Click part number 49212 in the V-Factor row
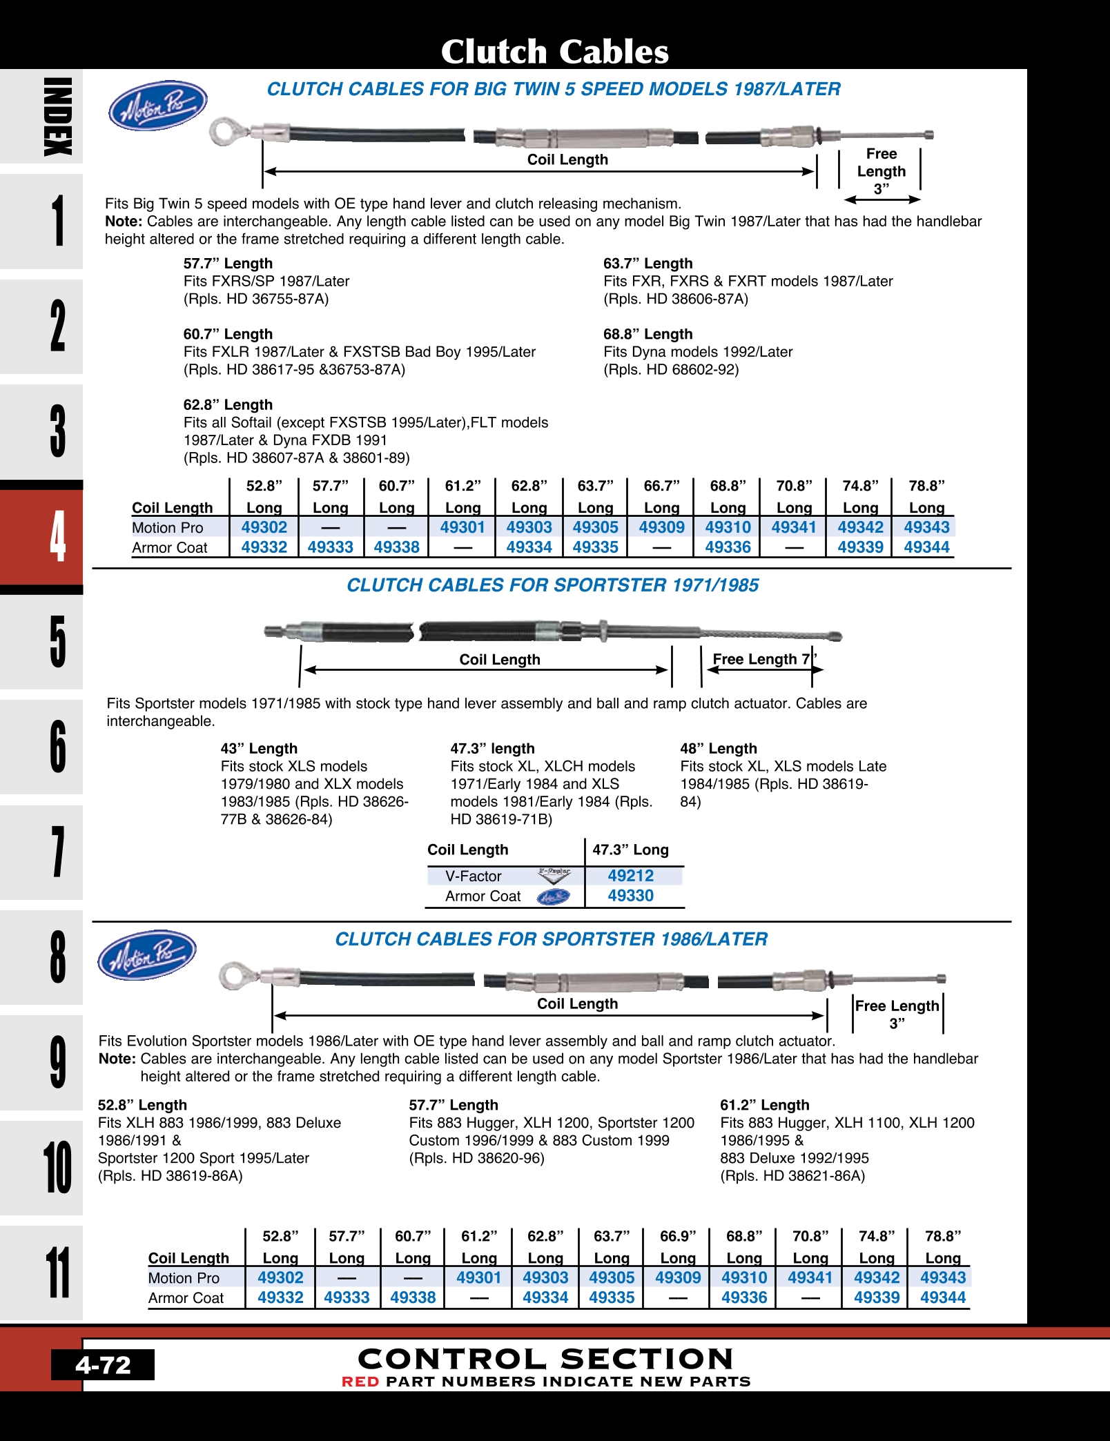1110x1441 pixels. point(630,876)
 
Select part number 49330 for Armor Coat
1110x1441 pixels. point(630,896)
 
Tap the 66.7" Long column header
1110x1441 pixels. point(661,497)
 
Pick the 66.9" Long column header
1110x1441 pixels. point(678,1247)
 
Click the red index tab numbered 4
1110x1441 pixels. point(41,537)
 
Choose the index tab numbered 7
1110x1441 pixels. point(41,852)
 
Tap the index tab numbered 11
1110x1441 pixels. point(41,1273)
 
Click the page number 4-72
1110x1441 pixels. point(103,1365)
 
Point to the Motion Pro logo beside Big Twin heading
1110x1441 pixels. point(158,106)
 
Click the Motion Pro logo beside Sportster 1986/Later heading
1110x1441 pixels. point(147,955)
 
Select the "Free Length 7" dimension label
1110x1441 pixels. point(764,659)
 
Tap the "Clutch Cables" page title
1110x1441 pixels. point(555,52)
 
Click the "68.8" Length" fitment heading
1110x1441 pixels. point(647,334)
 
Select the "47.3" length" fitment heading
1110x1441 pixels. point(492,749)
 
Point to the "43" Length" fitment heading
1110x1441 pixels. point(259,749)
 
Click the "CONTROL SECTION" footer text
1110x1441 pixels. point(545,1359)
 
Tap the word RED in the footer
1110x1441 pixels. point(360,1382)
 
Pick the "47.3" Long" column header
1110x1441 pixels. point(630,850)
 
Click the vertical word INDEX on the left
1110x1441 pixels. point(57,116)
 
